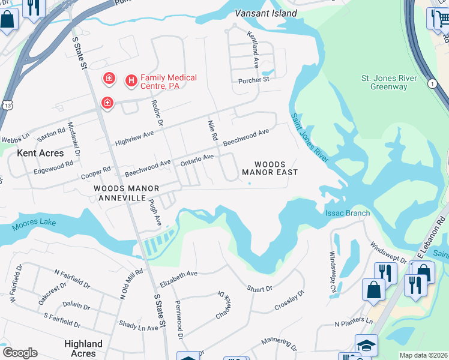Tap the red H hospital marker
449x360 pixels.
[x=130, y=80]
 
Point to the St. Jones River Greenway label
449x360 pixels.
[x=384, y=82]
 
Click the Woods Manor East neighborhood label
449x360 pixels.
[x=270, y=168]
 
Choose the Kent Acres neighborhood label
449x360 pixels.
[x=40, y=153]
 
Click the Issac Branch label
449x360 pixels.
[x=348, y=213]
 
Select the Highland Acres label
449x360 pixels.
[x=83, y=348]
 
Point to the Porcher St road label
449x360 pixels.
[x=254, y=80]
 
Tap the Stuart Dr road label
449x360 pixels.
[x=259, y=289]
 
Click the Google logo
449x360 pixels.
[x=20, y=353]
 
